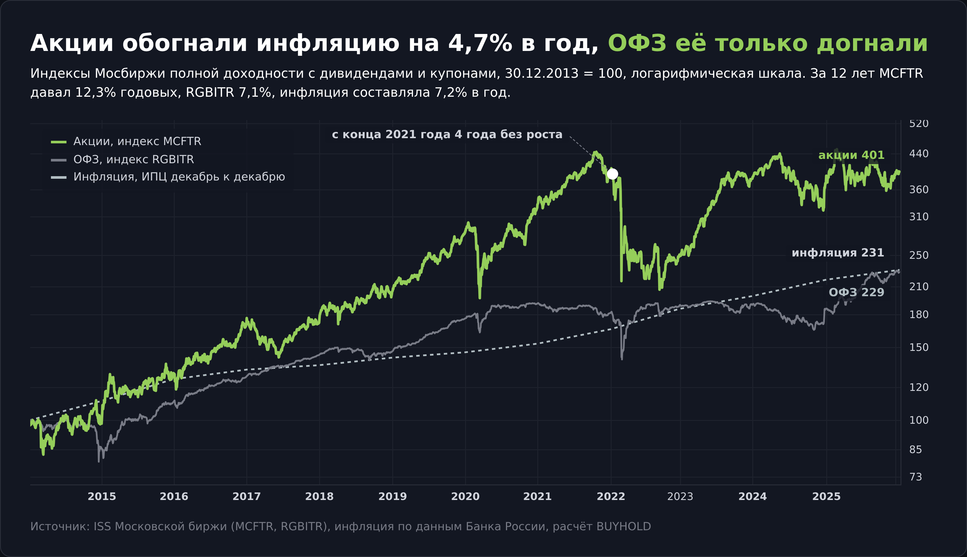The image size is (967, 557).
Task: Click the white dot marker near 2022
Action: point(612,174)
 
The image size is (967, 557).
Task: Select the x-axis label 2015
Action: point(102,497)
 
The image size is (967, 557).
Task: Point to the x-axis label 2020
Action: point(465,497)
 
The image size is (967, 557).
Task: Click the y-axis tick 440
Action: point(919,154)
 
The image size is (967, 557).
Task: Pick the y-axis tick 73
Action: point(916,477)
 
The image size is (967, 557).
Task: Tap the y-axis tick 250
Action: point(919,255)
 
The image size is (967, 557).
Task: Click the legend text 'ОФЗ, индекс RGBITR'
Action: point(134,159)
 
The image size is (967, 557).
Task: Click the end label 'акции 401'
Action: point(851,155)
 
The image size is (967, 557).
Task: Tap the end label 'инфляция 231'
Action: point(838,253)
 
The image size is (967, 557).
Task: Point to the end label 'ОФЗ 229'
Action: point(856,292)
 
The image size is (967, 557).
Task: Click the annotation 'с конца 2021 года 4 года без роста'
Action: point(447,135)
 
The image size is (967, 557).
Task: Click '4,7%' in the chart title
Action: point(480,43)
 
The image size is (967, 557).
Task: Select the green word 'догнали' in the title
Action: point(872,43)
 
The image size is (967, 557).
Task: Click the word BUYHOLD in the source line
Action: point(624,527)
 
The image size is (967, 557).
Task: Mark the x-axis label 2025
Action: point(826,497)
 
